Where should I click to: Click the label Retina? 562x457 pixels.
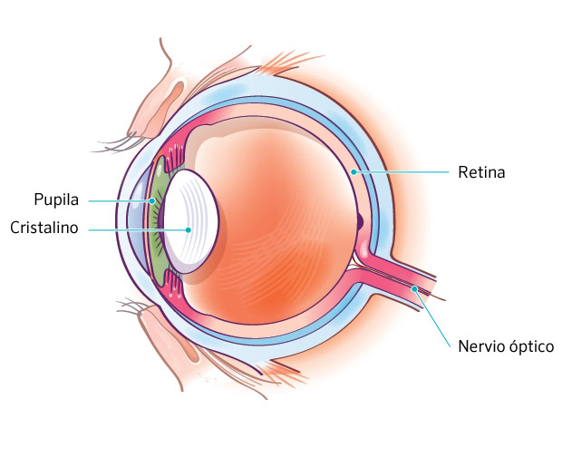tap(480, 171)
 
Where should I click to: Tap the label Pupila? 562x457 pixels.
tap(57, 198)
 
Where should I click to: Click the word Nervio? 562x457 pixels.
tap(481, 346)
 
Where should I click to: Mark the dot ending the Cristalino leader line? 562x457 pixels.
tap(188, 229)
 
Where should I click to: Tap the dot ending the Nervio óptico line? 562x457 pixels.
tap(415, 289)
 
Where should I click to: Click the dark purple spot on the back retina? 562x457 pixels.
tap(360, 220)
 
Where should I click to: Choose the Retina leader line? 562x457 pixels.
tap(403, 171)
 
